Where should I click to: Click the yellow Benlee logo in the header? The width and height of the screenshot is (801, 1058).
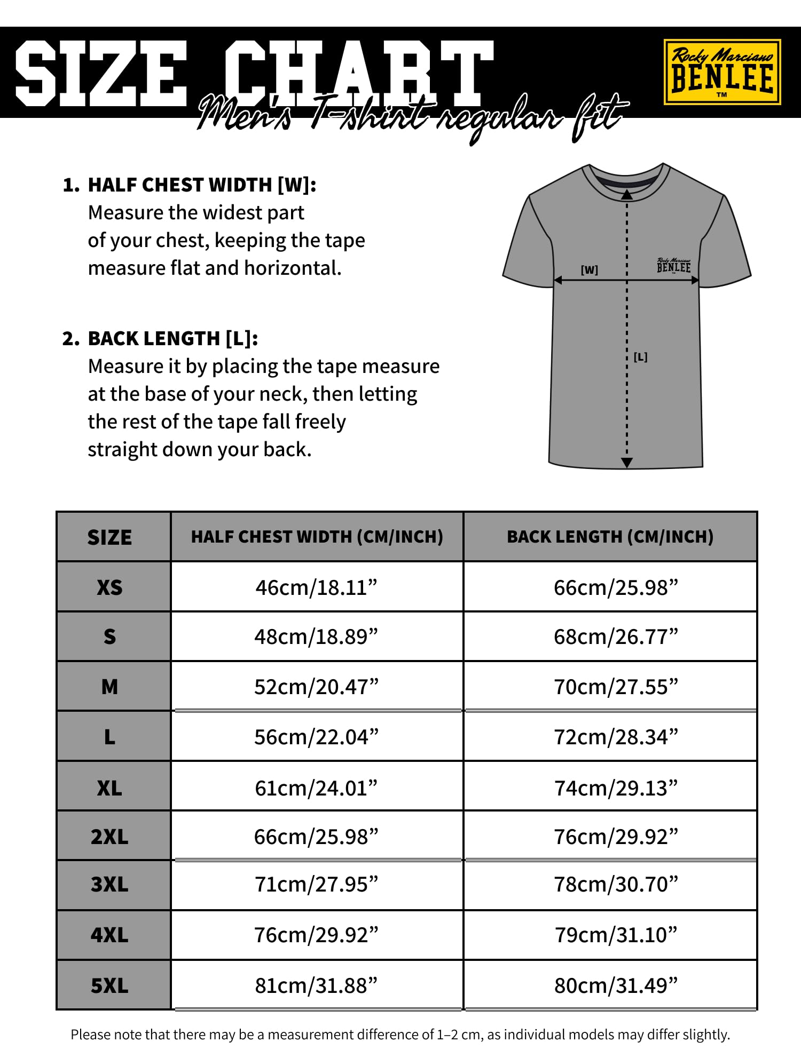722,72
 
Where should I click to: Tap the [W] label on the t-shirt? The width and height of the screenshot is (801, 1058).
589,270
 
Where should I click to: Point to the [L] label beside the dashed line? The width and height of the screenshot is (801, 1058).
640,357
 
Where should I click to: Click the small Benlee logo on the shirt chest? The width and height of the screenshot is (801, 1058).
673,266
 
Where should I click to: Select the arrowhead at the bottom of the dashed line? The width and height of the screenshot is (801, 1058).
627,463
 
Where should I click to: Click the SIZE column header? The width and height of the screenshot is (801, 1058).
109,537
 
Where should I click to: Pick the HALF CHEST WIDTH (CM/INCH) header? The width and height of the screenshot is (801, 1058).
317,537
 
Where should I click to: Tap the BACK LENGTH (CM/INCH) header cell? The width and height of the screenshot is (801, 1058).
610,537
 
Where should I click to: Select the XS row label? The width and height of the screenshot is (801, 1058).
109,587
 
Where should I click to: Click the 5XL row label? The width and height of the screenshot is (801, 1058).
109,985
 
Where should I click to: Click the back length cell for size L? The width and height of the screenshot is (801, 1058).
616,737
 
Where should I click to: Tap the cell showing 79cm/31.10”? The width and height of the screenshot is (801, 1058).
616,935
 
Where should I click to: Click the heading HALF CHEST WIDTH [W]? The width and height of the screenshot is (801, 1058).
202,185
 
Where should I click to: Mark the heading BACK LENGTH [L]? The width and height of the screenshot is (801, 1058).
172,339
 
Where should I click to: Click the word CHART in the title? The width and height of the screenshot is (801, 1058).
358,74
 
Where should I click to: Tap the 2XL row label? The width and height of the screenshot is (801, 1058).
109,837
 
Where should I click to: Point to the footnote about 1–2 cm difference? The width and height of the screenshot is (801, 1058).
400,1035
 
